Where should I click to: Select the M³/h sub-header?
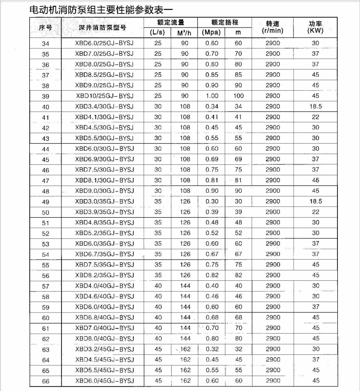coord(185,33)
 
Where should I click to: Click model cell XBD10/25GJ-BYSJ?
coord(104,96)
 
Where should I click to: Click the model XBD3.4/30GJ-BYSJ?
coord(104,107)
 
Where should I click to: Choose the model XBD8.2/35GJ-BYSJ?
coord(104,275)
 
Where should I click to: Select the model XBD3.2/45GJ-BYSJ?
coord(104,349)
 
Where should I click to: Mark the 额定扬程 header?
coord(224,22)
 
